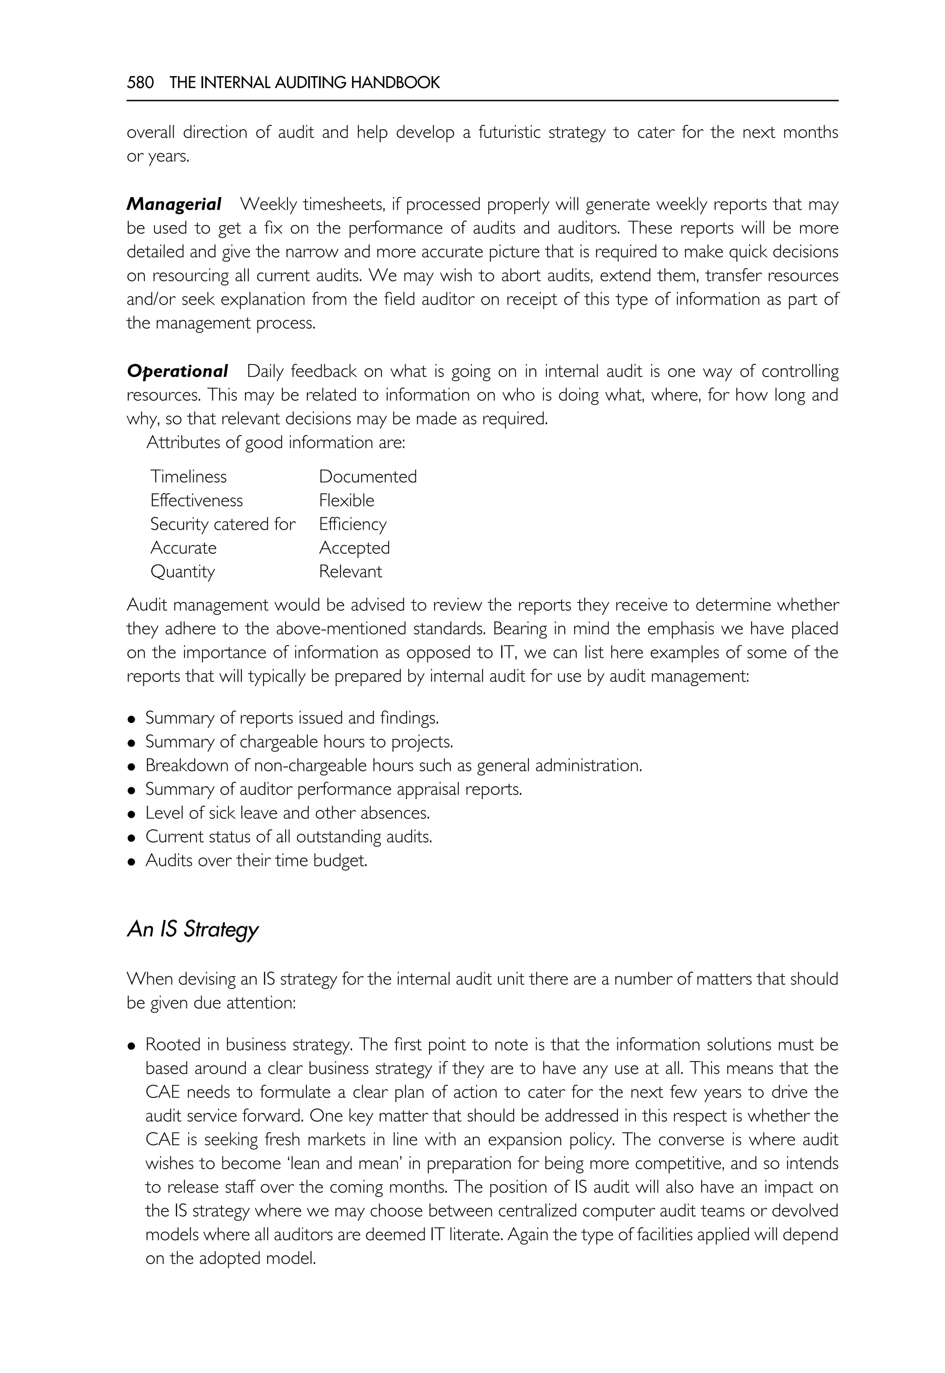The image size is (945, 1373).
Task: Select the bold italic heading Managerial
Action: click(x=174, y=204)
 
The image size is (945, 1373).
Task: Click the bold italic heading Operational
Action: click(x=178, y=371)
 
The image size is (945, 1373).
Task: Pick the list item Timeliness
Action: click(x=188, y=477)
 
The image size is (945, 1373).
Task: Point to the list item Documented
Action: click(x=368, y=477)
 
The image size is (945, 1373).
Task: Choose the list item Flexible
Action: click(x=347, y=500)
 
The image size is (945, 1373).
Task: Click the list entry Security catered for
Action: click(x=222, y=524)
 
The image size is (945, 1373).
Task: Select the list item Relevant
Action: click(x=351, y=571)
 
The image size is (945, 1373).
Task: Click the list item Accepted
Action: click(x=354, y=548)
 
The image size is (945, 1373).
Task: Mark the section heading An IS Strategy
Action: click(x=193, y=929)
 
